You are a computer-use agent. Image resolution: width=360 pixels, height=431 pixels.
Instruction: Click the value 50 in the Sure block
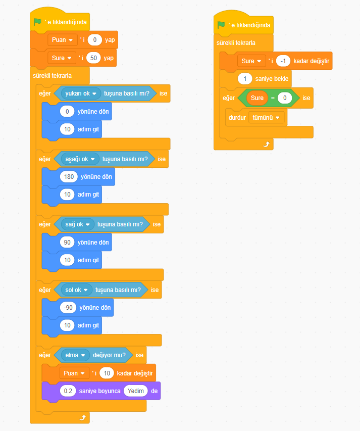pos(94,58)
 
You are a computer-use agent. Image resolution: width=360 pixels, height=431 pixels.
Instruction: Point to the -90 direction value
pos(68,308)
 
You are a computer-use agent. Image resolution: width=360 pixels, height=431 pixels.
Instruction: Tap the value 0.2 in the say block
pos(67,391)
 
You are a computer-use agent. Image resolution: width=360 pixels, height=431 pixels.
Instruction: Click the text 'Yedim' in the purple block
pos(136,391)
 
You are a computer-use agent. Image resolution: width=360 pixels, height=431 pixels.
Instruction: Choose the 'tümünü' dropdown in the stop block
pos(266,117)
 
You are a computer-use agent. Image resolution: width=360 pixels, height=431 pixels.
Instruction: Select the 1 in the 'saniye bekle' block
pos(244,79)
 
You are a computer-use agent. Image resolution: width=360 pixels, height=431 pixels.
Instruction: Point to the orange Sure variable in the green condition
pos(257,98)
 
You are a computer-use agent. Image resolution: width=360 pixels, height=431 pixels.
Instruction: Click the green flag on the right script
pos(221,25)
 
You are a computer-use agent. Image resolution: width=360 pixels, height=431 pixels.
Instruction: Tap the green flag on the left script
pos(37,22)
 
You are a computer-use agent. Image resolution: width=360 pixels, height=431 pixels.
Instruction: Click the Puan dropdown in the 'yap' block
pos(62,39)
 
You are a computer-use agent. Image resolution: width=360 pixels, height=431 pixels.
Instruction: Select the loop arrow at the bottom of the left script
pos(82,417)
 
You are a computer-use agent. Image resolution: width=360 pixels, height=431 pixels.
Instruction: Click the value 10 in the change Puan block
pos(106,373)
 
